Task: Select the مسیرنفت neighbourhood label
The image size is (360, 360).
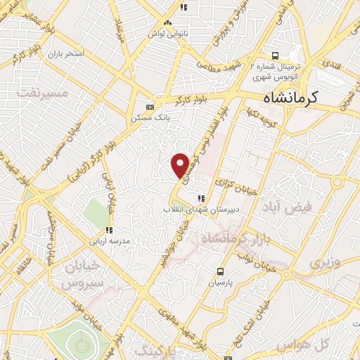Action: [x=44, y=93]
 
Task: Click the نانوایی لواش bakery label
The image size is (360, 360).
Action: [x=164, y=32]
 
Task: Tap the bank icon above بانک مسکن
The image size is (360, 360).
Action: [x=149, y=107]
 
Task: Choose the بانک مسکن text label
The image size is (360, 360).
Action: [x=148, y=118]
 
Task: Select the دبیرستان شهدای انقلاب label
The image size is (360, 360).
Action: [x=193, y=210]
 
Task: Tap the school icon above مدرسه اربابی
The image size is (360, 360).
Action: [x=109, y=229]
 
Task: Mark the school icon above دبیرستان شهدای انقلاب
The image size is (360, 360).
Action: [x=202, y=198]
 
